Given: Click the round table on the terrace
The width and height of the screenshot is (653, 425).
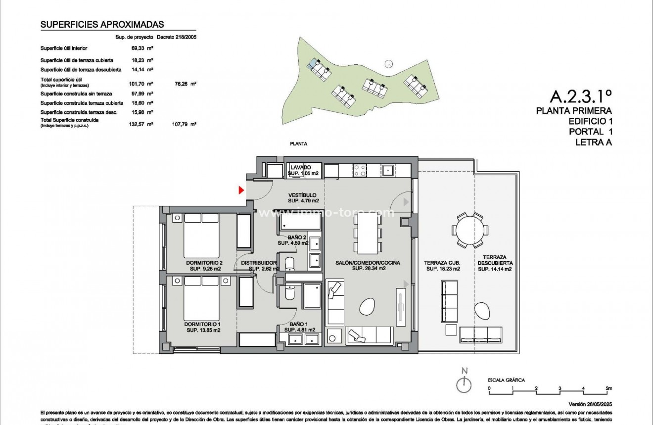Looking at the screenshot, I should click(x=468, y=230).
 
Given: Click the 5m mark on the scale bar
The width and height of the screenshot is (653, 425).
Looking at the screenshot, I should click(x=608, y=388).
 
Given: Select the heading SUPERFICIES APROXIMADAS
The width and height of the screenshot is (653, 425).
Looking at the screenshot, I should click(x=102, y=24).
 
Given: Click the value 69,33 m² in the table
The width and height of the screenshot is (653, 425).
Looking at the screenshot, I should click(x=141, y=48).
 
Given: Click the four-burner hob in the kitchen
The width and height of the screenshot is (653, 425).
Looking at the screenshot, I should click(x=359, y=170).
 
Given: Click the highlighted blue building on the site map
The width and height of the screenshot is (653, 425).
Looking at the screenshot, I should click(x=313, y=63).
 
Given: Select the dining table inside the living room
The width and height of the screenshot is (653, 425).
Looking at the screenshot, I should click(x=369, y=233).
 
